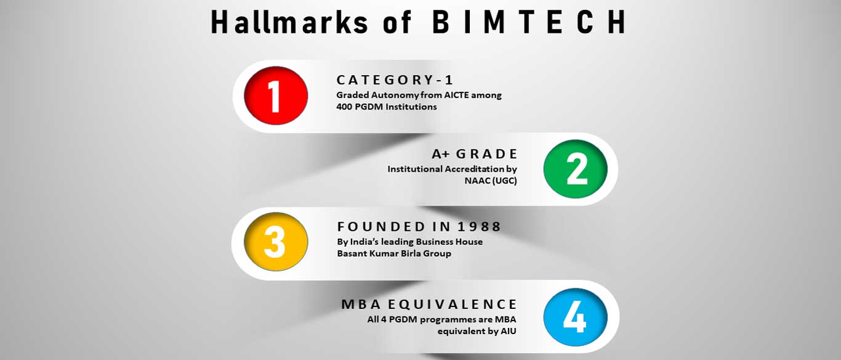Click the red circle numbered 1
click(x=276, y=95)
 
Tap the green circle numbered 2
click(x=576, y=169)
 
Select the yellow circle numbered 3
click(x=276, y=242)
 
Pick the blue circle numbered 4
click(x=576, y=317)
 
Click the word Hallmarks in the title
click(x=289, y=23)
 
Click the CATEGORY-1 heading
click(x=395, y=80)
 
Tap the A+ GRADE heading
click(x=475, y=154)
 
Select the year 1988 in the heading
click(x=479, y=226)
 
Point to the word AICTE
click(x=457, y=95)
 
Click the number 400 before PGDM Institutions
click(x=344, y=106)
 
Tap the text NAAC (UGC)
click(x=491, y=180)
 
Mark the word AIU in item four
click(x=509, y=331)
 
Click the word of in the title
click(x=397, y=23)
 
